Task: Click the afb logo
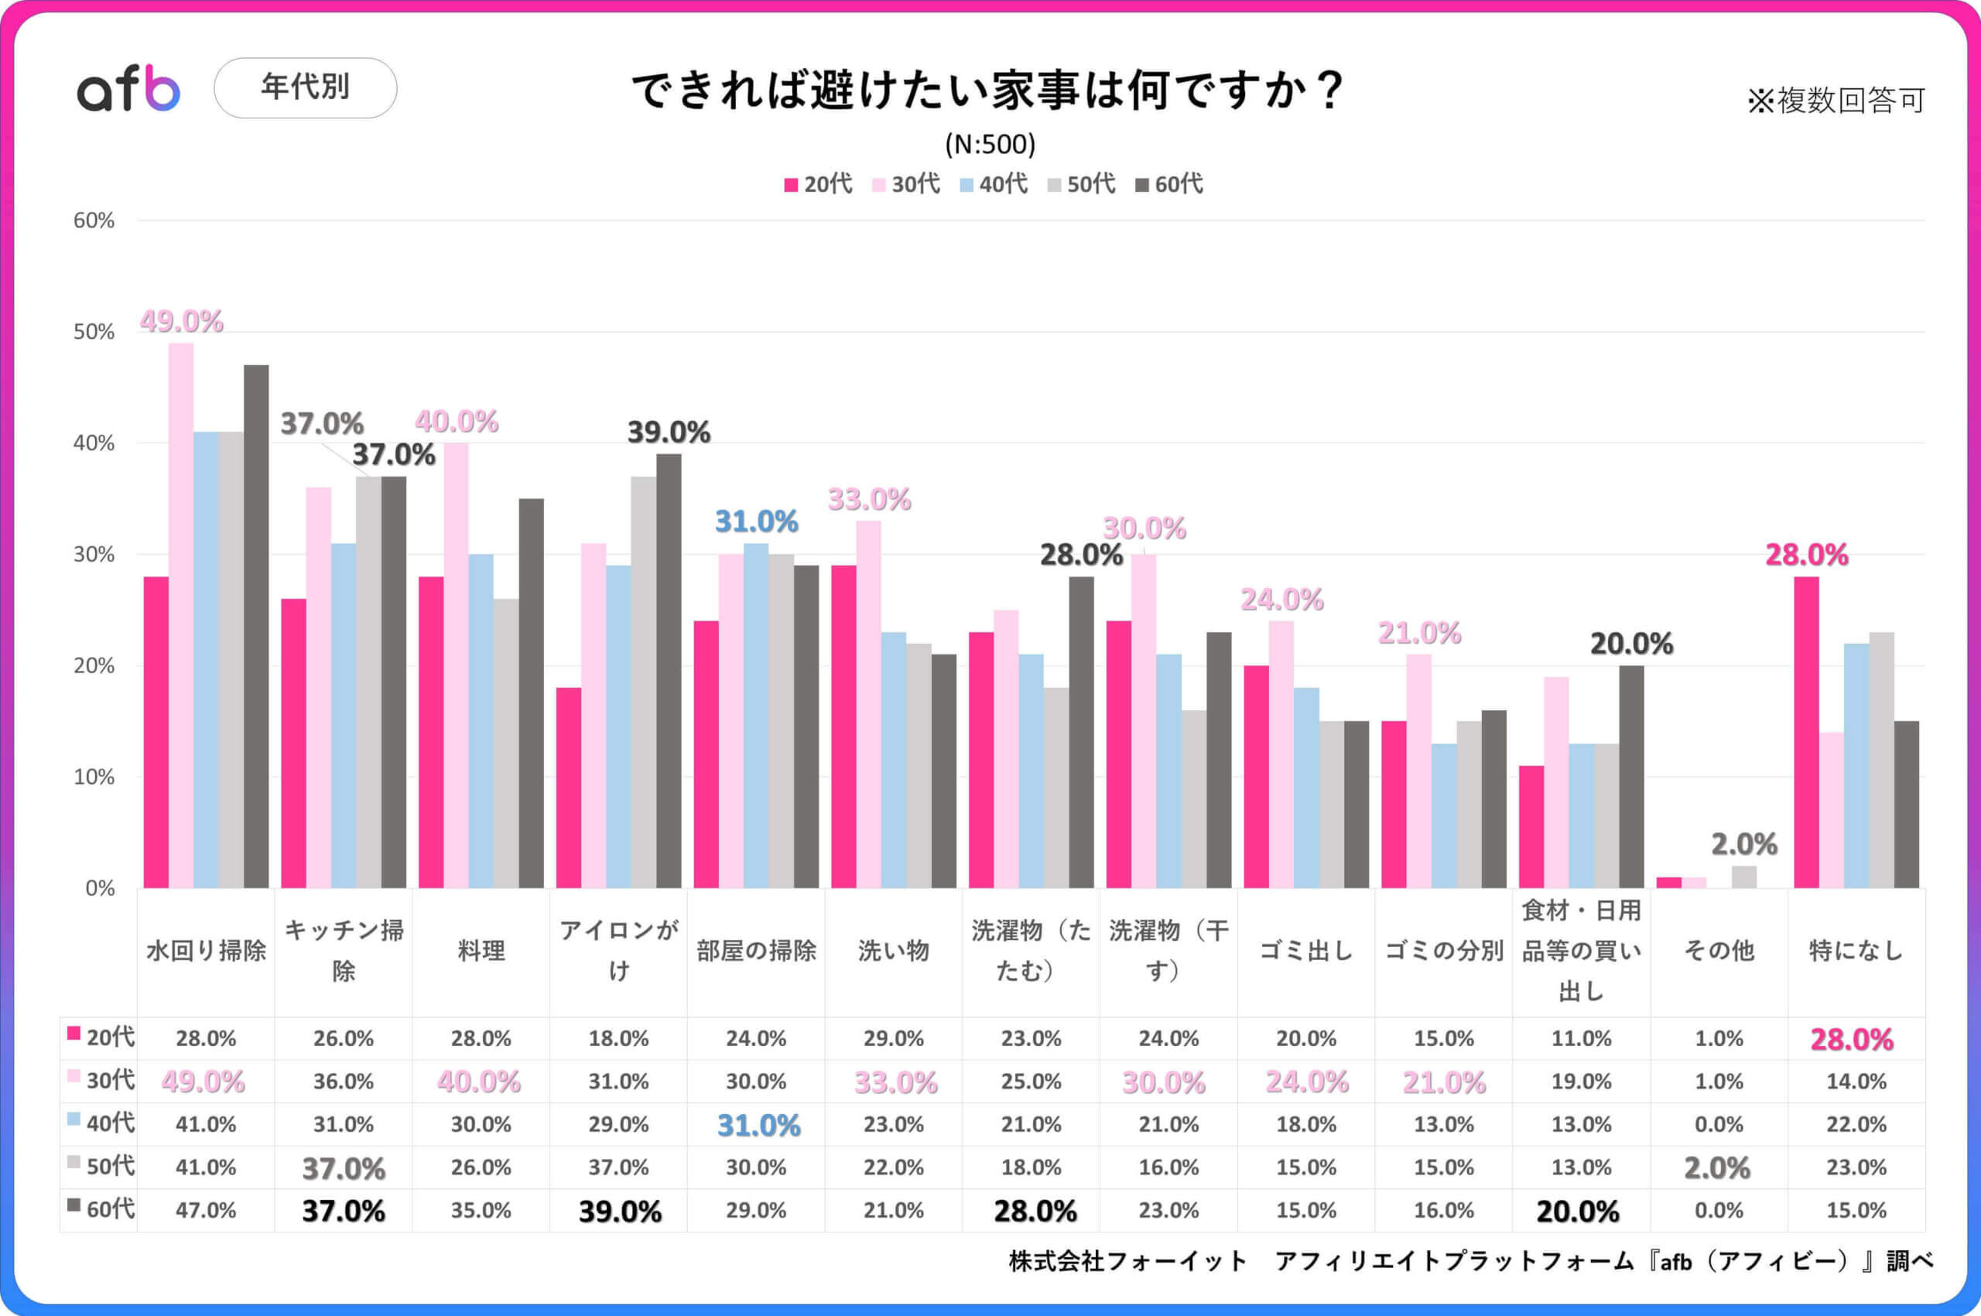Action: [x=128, y=89]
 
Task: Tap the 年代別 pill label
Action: [x=305, y=87]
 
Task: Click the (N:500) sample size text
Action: [x=990, y=145]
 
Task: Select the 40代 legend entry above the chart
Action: [x=994, y=184]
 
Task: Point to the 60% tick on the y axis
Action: [x=93, y=220]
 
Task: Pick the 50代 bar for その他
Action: [x=1744, y=877]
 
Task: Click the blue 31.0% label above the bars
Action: [x=756, y=522]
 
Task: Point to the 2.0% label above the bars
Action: [x=1744, y=844]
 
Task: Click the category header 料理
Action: [x=481, y=951]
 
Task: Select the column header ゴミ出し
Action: [x=1306, y=951]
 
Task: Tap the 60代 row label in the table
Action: [x=101, y=1208]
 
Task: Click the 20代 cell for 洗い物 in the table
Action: [x=893, y=1038]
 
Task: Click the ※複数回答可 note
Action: [x=1836, y=101]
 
